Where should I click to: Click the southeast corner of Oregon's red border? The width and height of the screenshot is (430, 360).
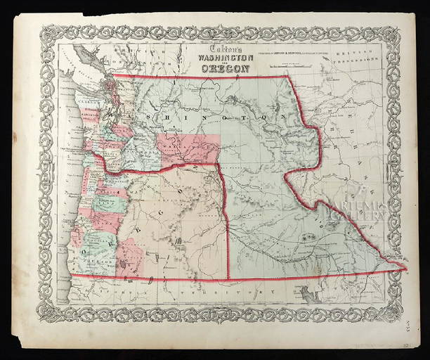tap(228, 276)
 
